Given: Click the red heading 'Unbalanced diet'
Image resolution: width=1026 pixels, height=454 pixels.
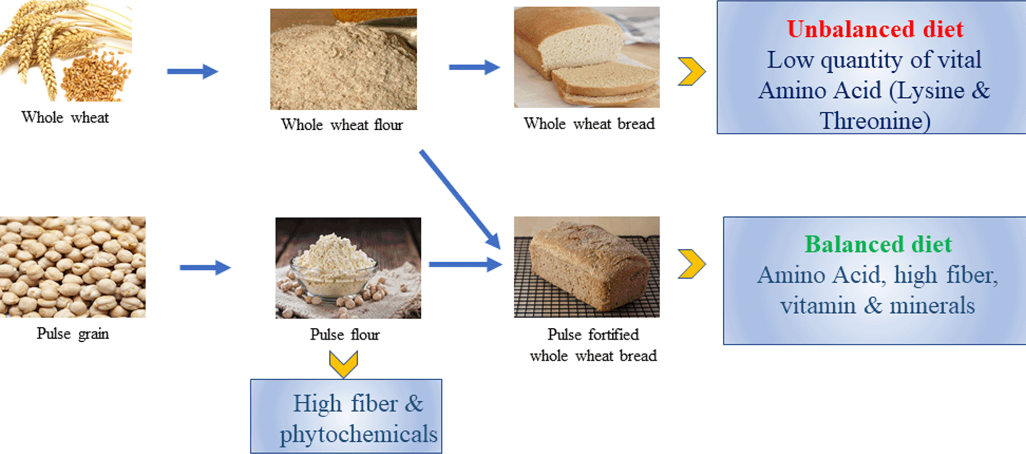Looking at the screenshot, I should pyautogui.click(x=875, y=29).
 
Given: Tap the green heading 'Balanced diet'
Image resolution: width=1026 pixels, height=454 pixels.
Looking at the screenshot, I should pyautogui.click(x=878, y=244).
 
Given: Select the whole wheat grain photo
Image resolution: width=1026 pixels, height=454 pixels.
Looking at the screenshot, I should pyautogui.click(x=65, y=52).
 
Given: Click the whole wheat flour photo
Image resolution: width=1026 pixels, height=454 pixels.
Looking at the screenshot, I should pyautogui.click(x=343, y=59).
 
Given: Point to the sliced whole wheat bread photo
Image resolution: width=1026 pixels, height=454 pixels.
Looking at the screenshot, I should pyautogui.click(x=586, y=57).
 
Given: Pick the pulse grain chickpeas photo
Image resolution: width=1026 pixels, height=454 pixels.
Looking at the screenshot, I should pyautogui.click(x=72, y=267).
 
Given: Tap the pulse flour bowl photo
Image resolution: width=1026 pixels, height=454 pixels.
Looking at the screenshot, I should pyautogui.click(x=348, y=268).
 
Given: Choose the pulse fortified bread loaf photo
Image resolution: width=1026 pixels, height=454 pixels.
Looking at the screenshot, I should pyautogui.click(x=586, y=267).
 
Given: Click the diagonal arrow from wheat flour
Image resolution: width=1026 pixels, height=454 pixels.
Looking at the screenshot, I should pyautogui.click(x=460, y=199).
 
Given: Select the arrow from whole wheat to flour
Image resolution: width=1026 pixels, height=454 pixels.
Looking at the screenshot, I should pyautogui.click(x=192, y=72).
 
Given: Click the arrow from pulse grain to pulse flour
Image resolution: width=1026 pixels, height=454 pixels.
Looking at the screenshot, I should pyautogui.click(x=205, y=268).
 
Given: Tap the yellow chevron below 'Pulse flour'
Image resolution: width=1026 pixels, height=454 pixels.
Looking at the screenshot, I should pyautogui.click(x=343, y=364).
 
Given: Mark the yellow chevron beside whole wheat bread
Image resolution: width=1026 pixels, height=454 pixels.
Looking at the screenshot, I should pyautogui.click(x=692, y=72).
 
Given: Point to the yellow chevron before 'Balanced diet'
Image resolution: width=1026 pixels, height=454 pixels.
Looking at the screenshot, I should pyautogui.click(x=692, y=264).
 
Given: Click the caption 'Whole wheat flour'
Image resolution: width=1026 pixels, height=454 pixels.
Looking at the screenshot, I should pyautogui.click(x=342, y=125).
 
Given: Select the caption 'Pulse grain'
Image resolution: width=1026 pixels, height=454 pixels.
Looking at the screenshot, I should pyautogui.click(x=72, y=334).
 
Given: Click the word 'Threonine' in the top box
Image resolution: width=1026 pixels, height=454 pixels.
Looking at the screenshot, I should pyautogui.click(x=874, y=121).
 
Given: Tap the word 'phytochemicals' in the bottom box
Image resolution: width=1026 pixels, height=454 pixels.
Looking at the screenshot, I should pyautogui.click(x=358, y=434).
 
